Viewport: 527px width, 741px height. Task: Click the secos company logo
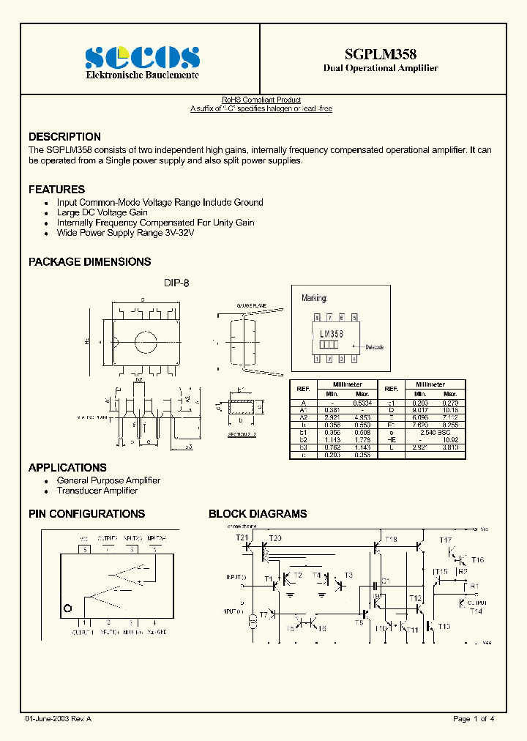click(x=142, y=56)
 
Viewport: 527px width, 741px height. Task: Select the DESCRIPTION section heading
click(x=64, y=137)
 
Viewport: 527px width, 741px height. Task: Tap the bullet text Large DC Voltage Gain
click(x=102, y=212)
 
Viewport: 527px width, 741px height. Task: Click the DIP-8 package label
click(x=176, y=283)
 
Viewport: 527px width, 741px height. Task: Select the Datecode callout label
click(x=374, y=347)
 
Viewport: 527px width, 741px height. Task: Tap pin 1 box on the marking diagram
click(x=316, y=359)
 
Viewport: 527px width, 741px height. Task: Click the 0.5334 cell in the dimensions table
click(x=362, y=403)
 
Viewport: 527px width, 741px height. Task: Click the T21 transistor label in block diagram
click(x=242, y=538)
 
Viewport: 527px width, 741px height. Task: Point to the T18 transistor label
click(x=391, y=540)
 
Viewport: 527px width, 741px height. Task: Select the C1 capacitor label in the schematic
click(x=386, y=581)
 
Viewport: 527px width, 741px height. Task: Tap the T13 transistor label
click(x=444, y=626)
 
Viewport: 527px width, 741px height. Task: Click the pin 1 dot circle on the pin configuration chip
click(x=69, y=608)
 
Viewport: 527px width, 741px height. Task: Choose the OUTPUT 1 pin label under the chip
click(x=83, y=631)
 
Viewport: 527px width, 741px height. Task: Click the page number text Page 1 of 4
click(x=474, y=719)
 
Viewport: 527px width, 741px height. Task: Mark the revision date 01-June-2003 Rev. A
click(x=58, y=719)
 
